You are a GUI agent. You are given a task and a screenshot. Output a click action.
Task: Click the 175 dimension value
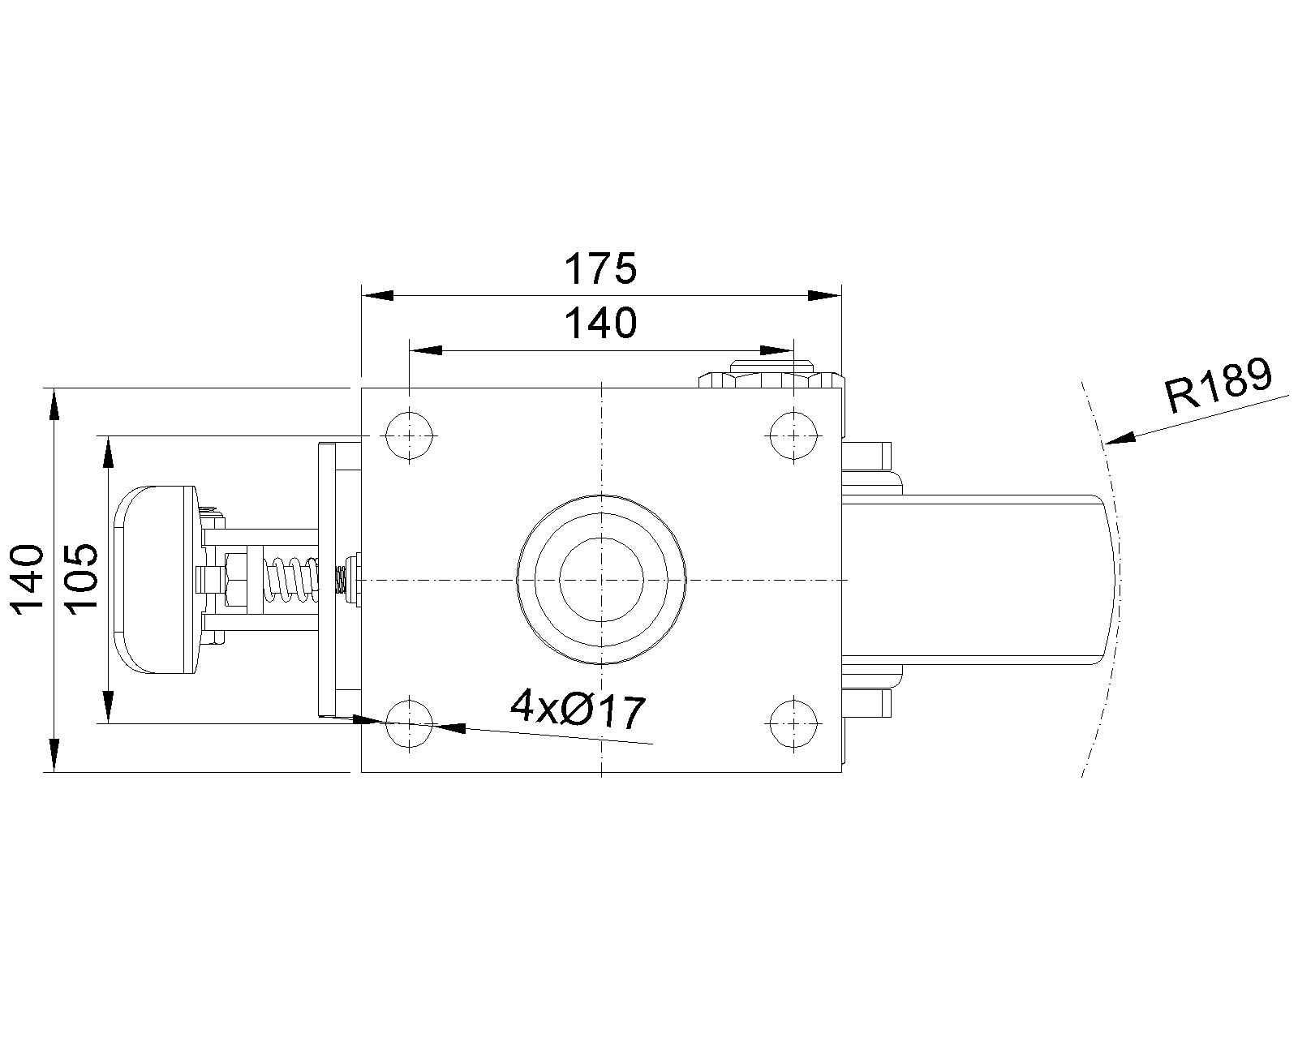point(600,269)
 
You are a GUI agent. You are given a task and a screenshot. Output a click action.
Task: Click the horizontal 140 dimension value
point(600,324)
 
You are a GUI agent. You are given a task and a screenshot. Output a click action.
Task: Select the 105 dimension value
point(81,578)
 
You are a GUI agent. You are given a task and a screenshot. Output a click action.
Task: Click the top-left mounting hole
point(410,435)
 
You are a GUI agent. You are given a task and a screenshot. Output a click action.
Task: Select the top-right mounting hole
point(793,435)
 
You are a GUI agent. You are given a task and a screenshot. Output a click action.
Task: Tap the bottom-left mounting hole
point(410,723)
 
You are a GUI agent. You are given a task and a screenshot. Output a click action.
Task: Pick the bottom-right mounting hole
point(793,723)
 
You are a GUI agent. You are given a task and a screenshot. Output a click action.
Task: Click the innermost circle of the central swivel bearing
point(601,579)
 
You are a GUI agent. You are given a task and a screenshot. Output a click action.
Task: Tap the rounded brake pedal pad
point(154,579)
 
